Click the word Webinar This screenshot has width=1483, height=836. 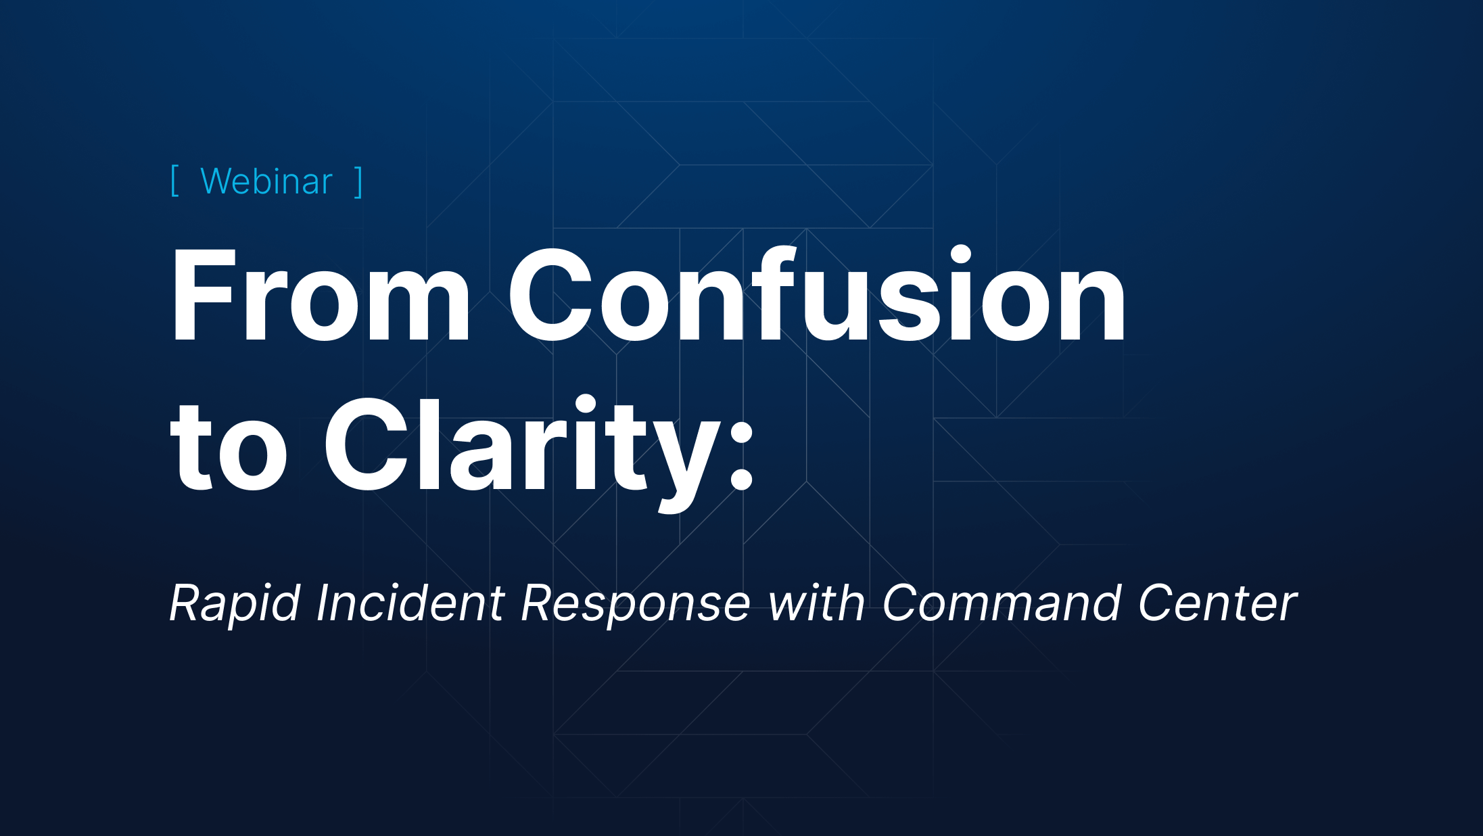[266, 181]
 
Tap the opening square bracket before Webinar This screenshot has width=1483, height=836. [174, 181]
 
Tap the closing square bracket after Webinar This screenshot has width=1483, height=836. [358, 181]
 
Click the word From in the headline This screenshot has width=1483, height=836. [321, 296]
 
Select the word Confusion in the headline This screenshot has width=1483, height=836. [817, 294]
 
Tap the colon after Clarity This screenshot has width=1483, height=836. [742, 455]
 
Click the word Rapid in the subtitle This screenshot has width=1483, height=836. [234, 603]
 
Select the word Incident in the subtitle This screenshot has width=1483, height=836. [410, 602]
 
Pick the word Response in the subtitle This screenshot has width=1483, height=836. [636, 603]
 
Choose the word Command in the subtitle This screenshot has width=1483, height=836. [1002, 602]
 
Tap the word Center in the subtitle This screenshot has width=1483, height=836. [1217, 603]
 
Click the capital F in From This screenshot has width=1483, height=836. [204, 296]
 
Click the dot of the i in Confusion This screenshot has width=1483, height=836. [960, 256]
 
